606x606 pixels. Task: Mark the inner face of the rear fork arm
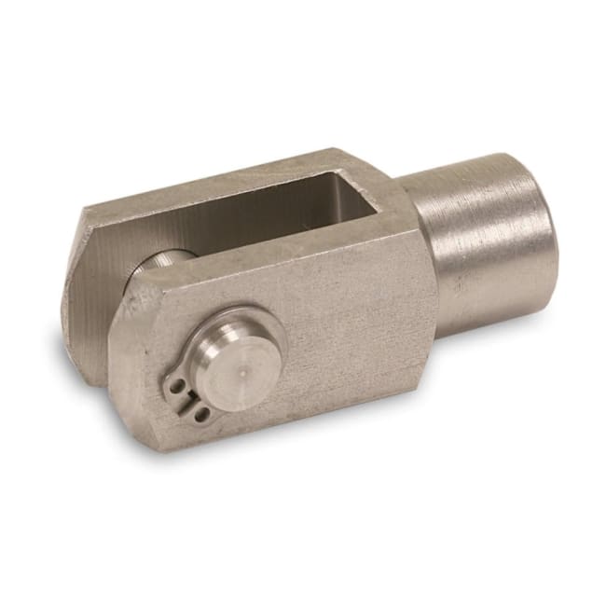[93, 298]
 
